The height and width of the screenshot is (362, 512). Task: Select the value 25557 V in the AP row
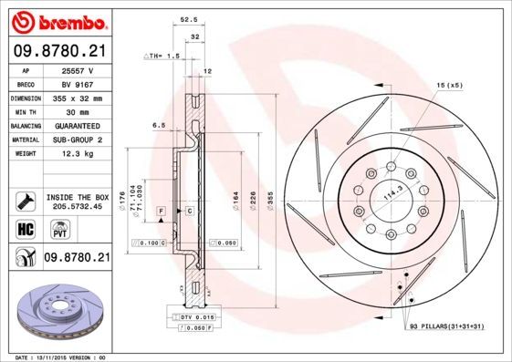pos(77,69)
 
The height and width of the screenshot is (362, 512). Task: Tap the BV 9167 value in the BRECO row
pos(77,83)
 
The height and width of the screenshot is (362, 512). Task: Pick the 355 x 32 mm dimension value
pos(77,97)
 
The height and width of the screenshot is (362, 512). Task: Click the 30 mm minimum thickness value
pos(77,110)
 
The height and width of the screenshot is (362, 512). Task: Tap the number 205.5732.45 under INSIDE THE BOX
pos(77,206)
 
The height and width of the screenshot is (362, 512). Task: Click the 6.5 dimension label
pos(158,124)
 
